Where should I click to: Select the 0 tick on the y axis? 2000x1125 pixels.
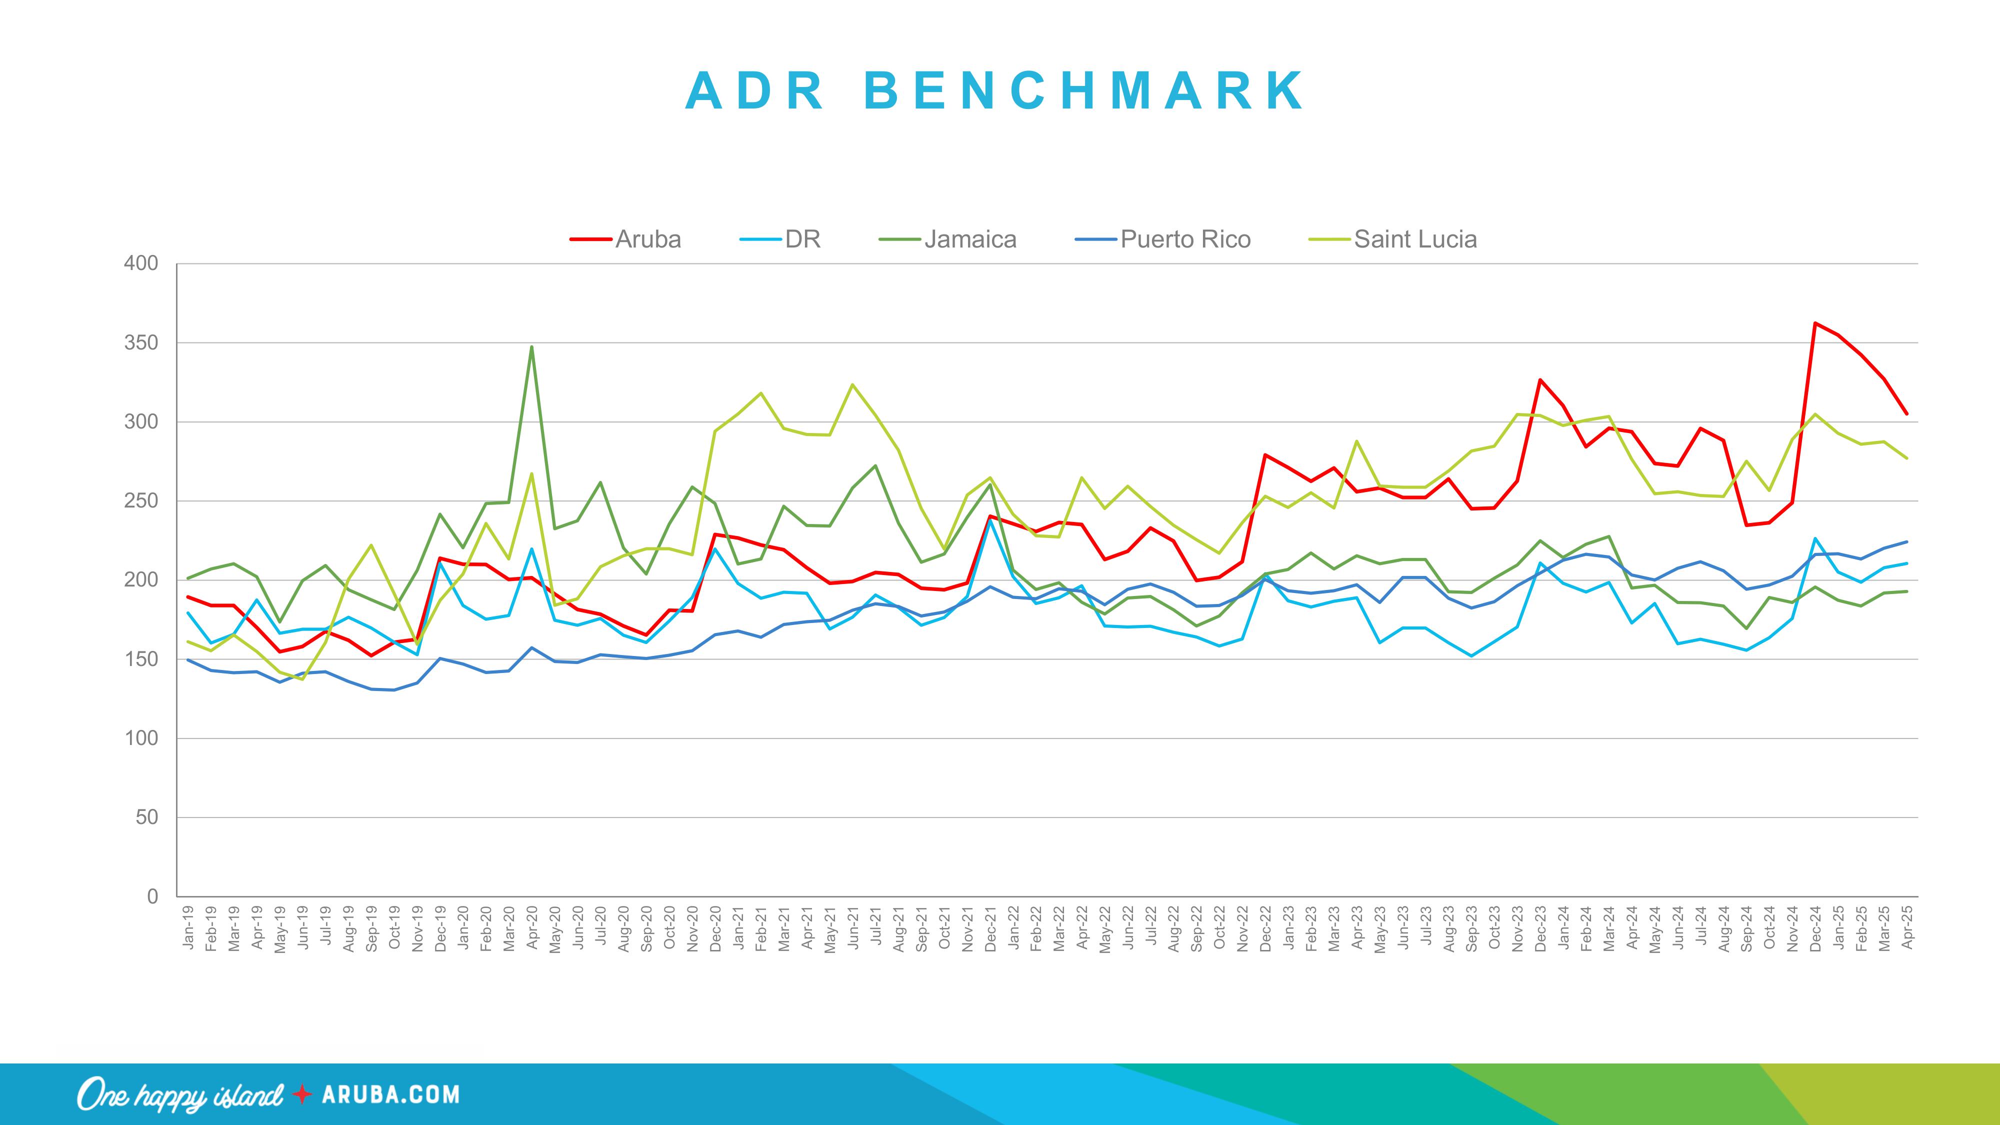click(152, 896)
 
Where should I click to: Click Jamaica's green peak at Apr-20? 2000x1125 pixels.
click(532, 347)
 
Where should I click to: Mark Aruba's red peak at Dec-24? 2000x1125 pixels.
click(1814, 323)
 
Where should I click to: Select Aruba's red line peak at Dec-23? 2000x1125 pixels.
click(1539, 379)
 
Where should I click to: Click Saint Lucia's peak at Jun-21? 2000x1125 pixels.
click(852, 384)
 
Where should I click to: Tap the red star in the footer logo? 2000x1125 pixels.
click(302, 1094)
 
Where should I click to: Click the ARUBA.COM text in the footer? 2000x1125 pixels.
click(390, 1094)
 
